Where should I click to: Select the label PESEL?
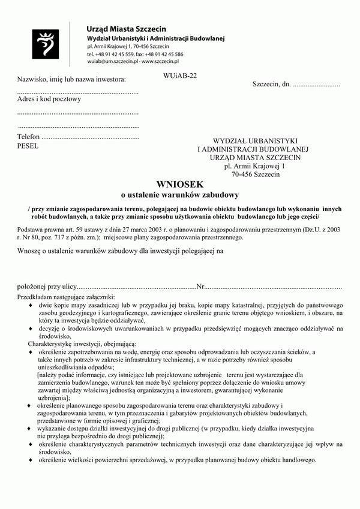pyautogui.click(x=28, y=146)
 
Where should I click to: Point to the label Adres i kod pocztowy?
pyautogui.click(x=49, y=99)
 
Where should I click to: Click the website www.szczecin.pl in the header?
pyautogui.click(x=160, y=62)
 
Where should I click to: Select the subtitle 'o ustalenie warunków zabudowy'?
pyautogui.click(x=180, y=195)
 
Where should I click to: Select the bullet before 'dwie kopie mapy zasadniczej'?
pyautogui.click(x=31, y=305)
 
